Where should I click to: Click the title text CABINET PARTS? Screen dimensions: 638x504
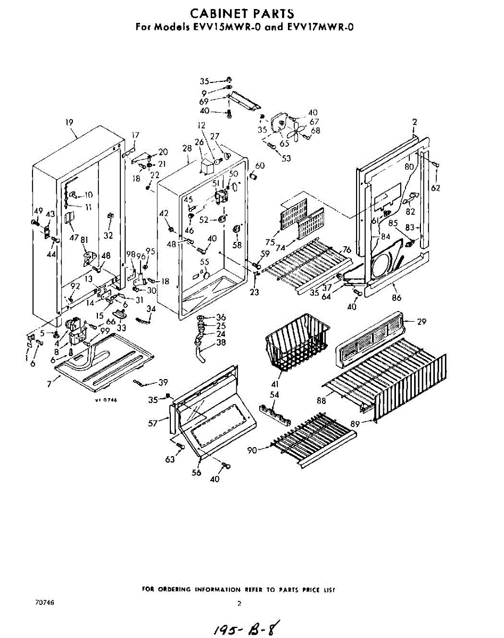(242, 13)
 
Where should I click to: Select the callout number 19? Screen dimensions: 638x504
(69, 122)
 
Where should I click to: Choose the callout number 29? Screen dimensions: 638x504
(422, 322)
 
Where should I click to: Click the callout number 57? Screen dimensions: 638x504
(153, 423)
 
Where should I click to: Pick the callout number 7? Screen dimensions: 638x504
(49, 383)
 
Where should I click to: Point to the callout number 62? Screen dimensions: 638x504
(436, 188)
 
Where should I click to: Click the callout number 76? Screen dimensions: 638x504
(346, 250)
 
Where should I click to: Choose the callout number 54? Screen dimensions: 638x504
(275, 394)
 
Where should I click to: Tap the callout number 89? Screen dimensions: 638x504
(356, 424)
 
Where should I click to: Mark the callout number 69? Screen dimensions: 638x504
(204, 101)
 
